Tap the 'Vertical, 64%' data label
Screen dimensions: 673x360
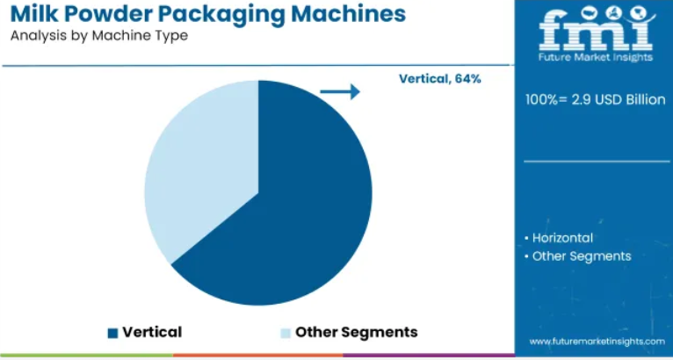pos(440,79)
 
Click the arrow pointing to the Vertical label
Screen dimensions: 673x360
pos(340,91)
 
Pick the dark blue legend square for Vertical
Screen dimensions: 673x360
pos(112,333)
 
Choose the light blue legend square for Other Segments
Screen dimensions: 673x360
pos(286,333)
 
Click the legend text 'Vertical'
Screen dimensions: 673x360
pos(152,332)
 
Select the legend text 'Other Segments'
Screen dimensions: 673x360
pos(356,333)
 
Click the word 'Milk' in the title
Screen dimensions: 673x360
pos(31,14)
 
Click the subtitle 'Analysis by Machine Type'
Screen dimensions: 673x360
pos(99,36)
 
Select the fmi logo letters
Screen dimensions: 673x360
pos(597,29)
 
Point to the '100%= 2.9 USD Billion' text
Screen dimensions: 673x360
pos(596,100)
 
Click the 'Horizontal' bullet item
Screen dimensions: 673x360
pos(559,238)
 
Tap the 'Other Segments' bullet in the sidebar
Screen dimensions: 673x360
pos(578,256)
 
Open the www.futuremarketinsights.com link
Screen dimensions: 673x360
pos(597,342)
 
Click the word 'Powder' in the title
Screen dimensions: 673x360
pos(105,14)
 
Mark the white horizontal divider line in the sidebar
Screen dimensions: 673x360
pos(597,162)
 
